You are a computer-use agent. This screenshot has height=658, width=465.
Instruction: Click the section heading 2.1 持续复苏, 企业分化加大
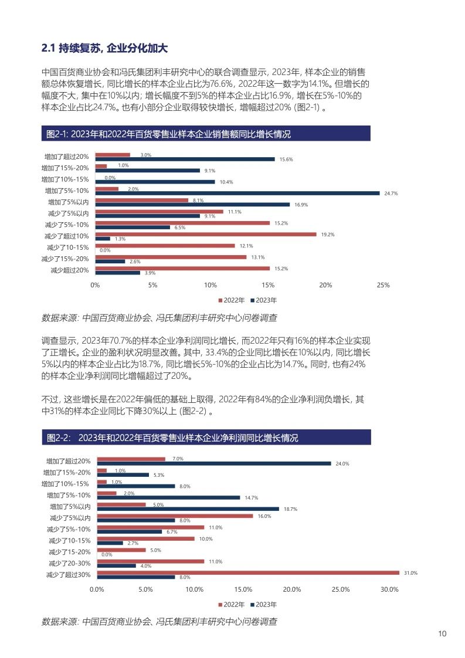tap(104, 47)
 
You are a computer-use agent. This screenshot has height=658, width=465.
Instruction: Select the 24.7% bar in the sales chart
tap(237, 193)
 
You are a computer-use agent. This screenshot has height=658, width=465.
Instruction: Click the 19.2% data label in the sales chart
tap(327, 235)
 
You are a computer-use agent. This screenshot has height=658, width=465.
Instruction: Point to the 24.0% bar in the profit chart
tap(213, 463)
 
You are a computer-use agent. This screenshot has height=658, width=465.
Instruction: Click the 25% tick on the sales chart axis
tap(382, 285)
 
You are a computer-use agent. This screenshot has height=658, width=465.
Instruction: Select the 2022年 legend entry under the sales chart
tap(233, 300)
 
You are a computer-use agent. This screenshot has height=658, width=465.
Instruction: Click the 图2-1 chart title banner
tap(205, 134)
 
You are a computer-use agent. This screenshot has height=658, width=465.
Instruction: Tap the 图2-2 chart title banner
tap(205, 438)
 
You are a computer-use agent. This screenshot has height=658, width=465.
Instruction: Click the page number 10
tap(443, 634)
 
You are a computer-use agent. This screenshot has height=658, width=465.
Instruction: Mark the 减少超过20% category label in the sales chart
tap(69, 270)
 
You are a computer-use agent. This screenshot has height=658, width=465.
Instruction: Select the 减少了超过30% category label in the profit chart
tap(68, 575)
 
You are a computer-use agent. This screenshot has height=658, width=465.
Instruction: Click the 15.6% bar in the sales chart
tap(185, 159)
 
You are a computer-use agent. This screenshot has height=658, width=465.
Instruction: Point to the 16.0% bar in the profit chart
tap(174, 516)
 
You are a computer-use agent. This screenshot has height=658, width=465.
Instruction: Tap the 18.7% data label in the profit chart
tap(291, 509)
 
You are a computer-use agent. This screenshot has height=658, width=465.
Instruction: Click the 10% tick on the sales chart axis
tap(210, 285)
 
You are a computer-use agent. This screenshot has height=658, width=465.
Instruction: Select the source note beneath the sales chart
tap(159, 318)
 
